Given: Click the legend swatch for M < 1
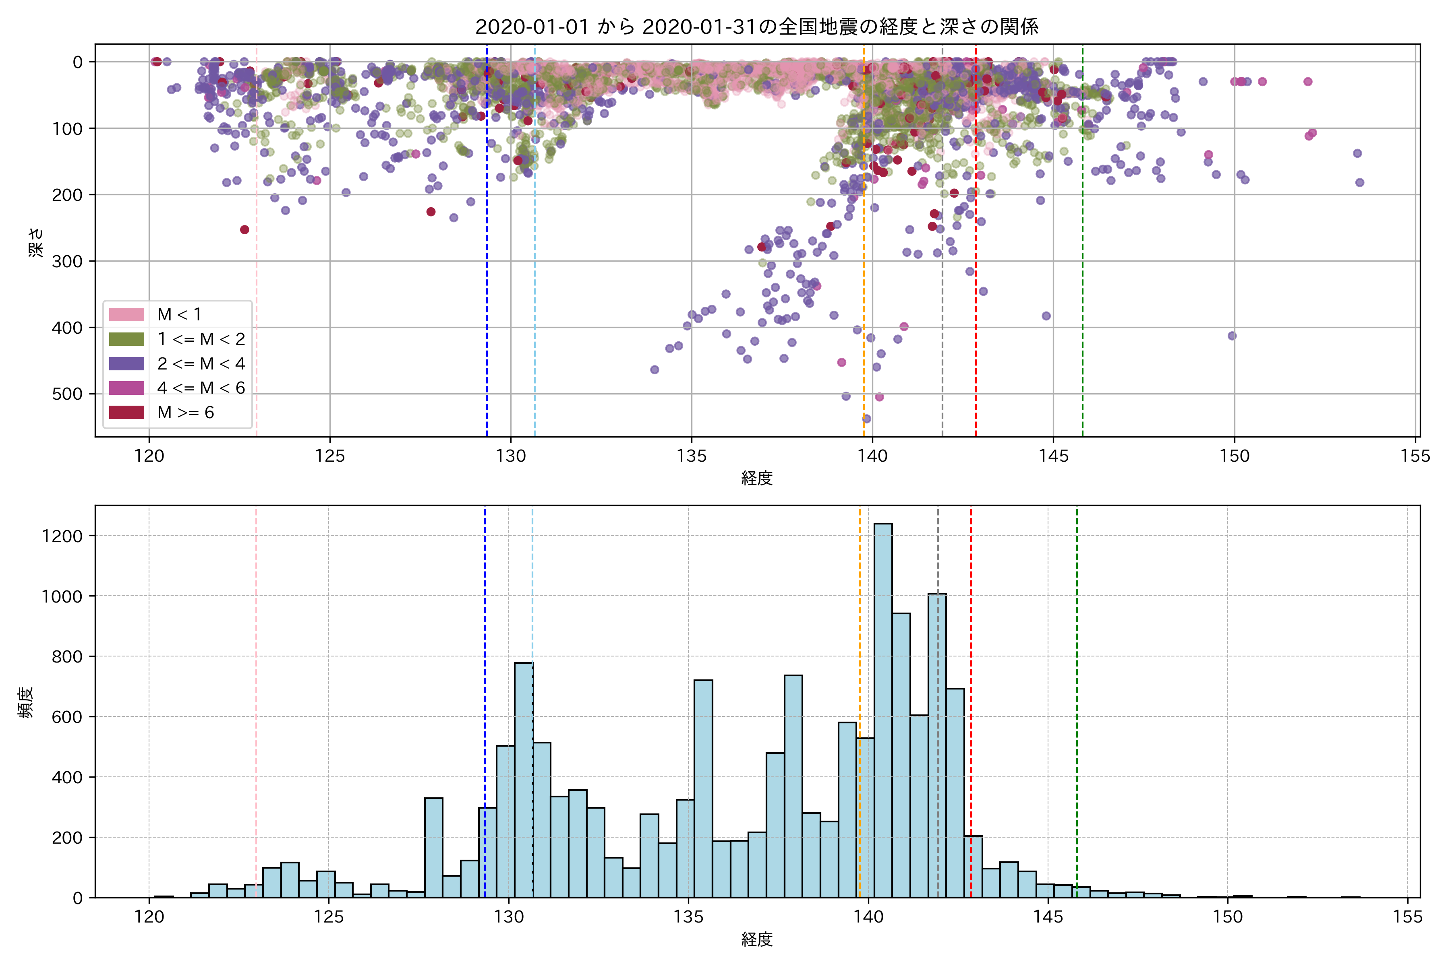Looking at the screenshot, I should (126, 315).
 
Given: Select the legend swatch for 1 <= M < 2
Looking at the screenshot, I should (126, 339).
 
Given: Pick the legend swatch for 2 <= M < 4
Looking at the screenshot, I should (126, 363).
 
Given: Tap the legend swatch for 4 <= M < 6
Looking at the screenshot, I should (126, 388).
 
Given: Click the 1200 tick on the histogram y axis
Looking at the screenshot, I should (62, 536).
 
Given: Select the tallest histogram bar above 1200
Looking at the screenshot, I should (883, 708).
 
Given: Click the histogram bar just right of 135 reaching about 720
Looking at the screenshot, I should (703, 788).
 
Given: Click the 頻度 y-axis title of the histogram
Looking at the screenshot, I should (26, 702).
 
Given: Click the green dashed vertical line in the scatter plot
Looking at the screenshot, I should (1083, 246).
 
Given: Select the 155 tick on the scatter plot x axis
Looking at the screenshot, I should (1415, 456).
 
